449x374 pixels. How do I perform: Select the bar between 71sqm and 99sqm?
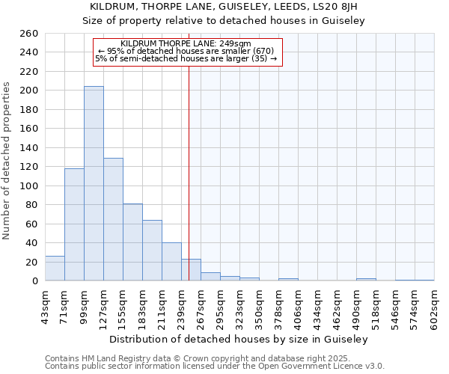coord(74,224)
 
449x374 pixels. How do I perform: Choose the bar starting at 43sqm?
coord(55,269)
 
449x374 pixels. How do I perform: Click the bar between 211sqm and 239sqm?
coord(171,262)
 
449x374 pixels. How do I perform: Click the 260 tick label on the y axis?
coord(28,34)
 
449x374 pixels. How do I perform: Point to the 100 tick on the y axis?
coord(28,186)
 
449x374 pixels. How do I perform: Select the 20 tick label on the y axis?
coord(31,262)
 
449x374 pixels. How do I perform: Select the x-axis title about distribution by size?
coord(239,339)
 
